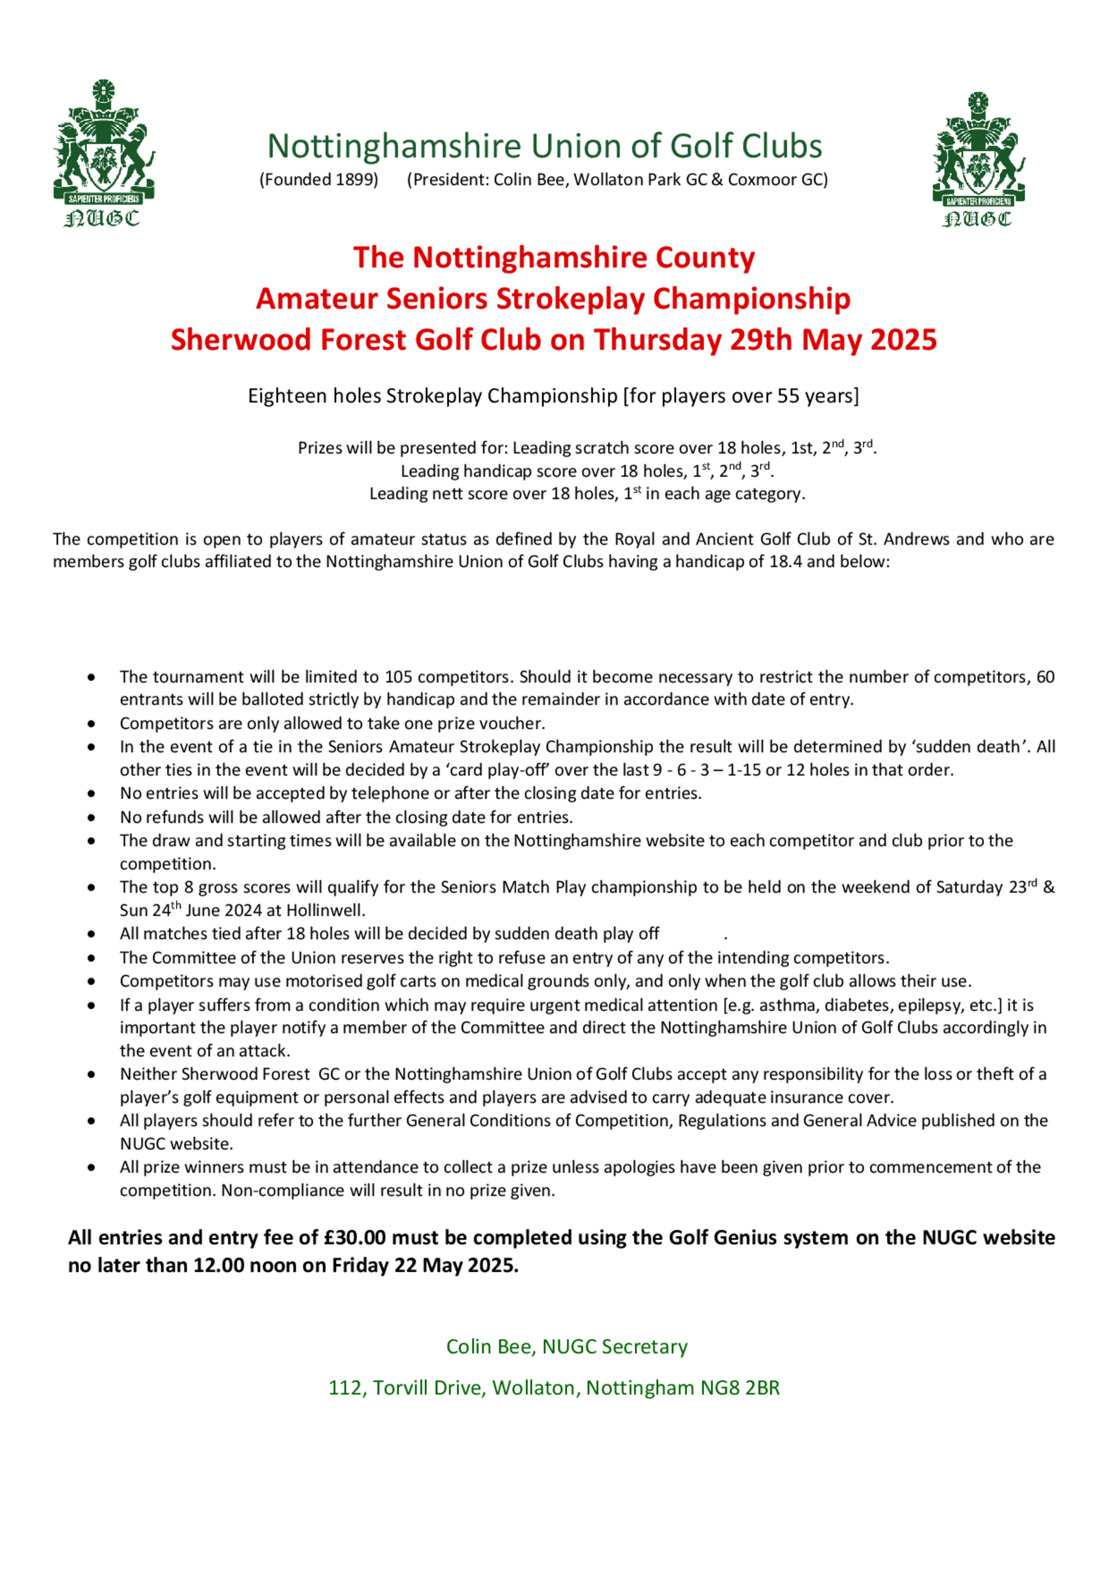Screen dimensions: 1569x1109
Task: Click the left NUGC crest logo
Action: point(103,153)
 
